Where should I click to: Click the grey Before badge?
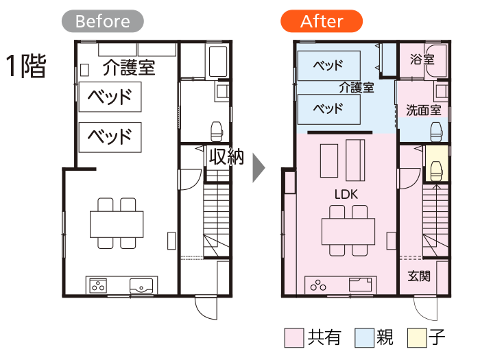click(103, 21)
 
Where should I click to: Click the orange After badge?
click(322, 21)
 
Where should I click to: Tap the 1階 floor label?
click(26, 66)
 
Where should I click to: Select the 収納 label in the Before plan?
click(226, 157)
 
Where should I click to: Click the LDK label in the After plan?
click(346, 194)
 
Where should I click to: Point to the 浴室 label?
click(422, 59)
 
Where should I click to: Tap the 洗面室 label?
click(423, 110)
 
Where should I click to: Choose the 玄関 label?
click(419, 276)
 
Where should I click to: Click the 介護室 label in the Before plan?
click(129, 67)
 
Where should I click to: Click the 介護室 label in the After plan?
click(357, 88)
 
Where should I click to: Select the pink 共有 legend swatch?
click(294, 338)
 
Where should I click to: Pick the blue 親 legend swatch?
click(364, 338)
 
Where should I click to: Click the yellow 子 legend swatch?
click(417, 338)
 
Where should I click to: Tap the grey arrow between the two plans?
click(259, 168)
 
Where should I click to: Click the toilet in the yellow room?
click(437, 171)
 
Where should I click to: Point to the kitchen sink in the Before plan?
click(141, 286)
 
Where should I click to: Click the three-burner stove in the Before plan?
click(98, 286)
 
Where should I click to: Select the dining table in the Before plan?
click(117, 224)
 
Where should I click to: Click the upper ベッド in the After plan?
click(328, 66)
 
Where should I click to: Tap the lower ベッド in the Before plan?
click(110, 137)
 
